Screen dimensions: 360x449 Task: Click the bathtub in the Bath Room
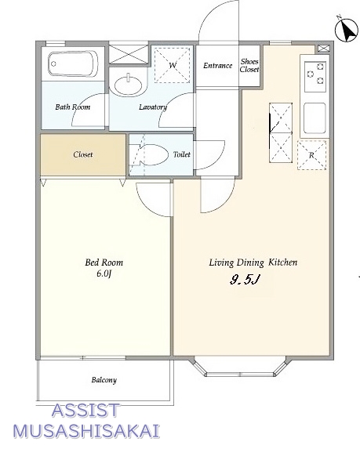(73, 63)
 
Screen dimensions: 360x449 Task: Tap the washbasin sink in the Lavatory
(128, 84)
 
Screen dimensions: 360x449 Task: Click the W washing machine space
(173, 65)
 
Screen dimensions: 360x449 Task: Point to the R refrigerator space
(312, 155)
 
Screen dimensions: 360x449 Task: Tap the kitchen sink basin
(315, 118)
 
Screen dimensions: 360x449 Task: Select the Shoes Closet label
(249, 66)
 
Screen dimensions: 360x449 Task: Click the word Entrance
(217, 66)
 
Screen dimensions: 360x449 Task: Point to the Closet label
(83, 154)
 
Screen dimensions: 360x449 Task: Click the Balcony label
(104, 380)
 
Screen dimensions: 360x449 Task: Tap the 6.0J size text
(104, 273)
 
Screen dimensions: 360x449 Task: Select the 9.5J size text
(245, 280)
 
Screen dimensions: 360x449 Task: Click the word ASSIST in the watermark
(85, 410)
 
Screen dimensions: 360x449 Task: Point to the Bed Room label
(104, 263)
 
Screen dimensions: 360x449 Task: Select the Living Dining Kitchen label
(253, 263)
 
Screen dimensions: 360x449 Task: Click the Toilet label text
(182, 154)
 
